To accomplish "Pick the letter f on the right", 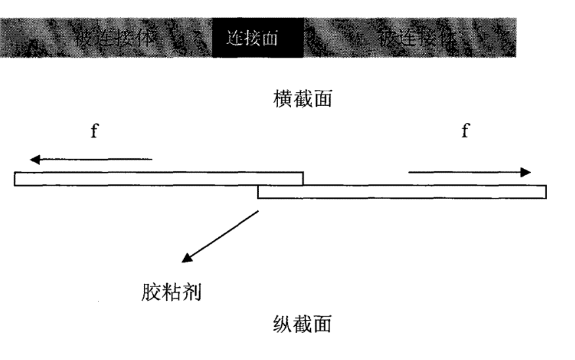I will click(x=465, y=131).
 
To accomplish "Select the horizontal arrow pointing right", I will click(x=469, y=172).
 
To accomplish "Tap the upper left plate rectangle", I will click(x=158, y=178).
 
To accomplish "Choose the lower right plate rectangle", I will click(x=402, y=191).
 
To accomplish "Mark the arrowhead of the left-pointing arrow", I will click(x=35, y=159).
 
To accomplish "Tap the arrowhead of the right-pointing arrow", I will click(x=525, y=172).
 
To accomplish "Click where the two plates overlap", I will click(x=280, y=185).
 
